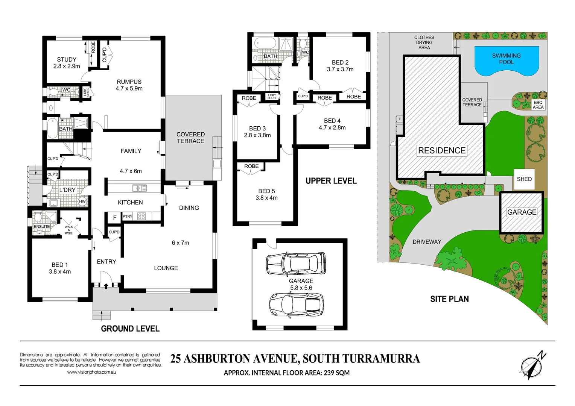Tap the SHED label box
pyautogui.click(x=524, y=179)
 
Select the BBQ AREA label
pyautogui.click(x=538, y=105)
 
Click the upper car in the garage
pyautogui.click(x=296, y=264)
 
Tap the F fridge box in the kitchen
pyautogui.click(x=115, y=218)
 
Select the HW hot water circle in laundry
pyautogui.click(x=82, y=201)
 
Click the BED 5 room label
pyautogui.click(x=266, y=194)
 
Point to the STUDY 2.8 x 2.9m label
pyautogui.click(x=67, y=63)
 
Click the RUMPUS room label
pyautogui.click(x=129, y=85)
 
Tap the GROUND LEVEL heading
pyautogui.click(x=130, y=329)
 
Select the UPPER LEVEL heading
pyautogui.click(x=331, y=181)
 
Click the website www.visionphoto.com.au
pyautogui.click(x=91, y=372)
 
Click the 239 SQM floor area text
pyautogui.click(x=336, y=373)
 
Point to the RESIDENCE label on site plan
pyautogui.click(x=442, y=150)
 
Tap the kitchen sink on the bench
pyautogui.click(x=139, y=188)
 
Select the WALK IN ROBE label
pyautogui.click(x=68, y=230)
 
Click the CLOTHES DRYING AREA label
pyautogui.click(x=424, y=42)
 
